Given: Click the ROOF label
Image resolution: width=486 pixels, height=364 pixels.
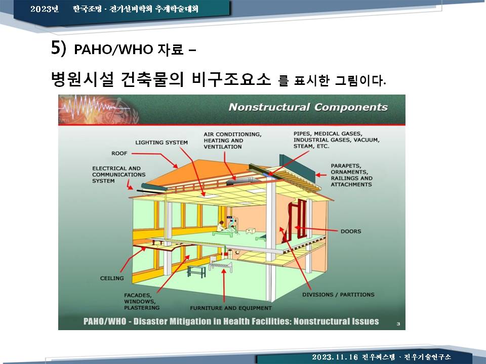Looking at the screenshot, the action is click(119, 154).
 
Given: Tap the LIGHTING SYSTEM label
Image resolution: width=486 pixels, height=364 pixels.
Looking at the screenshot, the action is click(161, 143).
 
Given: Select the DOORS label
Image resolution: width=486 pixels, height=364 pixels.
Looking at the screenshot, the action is click(351, 231).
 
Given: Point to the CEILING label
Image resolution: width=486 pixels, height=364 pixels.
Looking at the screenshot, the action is click(112, 278).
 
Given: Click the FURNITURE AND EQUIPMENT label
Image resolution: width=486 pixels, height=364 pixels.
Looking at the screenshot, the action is click(231, 308).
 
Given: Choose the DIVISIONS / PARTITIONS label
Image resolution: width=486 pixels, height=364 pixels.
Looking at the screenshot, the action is click(338, 295).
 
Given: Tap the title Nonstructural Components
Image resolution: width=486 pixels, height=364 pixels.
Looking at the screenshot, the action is click(308, 107).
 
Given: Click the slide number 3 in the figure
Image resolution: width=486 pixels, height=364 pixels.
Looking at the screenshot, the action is click(398, 324).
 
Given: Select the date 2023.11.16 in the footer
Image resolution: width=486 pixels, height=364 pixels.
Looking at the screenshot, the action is click(335, 357).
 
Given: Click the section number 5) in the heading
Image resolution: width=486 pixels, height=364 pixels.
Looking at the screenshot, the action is click(59, 48).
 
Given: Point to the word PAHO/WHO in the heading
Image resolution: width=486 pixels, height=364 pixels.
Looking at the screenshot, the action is click(113, 50).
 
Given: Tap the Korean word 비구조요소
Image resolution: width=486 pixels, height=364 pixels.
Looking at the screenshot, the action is click(231, 79).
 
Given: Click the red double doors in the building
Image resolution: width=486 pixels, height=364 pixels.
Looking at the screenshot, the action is click(297, 220).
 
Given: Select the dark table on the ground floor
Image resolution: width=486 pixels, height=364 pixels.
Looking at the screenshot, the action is click(196, 271).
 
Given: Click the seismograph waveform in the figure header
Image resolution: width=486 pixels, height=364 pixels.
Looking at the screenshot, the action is click(93, 107).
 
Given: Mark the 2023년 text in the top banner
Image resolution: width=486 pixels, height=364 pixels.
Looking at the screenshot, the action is click(45, 9).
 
